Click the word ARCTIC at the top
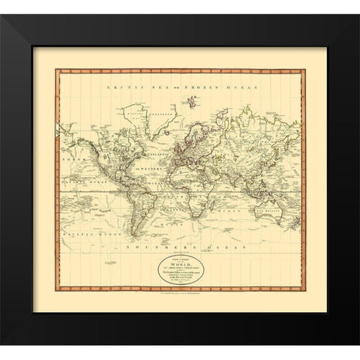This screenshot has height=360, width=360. (x=118, y=88)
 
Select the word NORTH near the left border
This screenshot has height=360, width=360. (x=71, y=139)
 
